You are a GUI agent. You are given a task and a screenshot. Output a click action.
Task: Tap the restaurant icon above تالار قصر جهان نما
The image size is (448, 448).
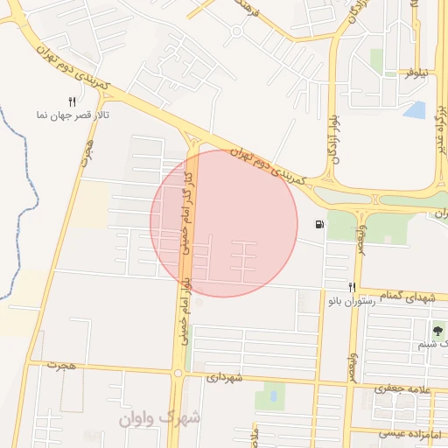point(72,101)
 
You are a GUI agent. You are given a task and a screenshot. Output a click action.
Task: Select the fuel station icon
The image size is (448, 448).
point(319,225)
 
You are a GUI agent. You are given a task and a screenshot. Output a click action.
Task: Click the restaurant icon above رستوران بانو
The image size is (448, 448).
point(352,287)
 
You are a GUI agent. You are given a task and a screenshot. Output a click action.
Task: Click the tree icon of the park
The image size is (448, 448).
point(437,331)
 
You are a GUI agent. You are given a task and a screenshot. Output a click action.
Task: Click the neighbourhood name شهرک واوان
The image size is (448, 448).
point(159,417)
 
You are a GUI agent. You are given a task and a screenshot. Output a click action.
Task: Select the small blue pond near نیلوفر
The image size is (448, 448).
point(415,110)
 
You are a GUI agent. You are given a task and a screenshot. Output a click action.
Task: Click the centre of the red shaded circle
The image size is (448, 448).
point(224,223)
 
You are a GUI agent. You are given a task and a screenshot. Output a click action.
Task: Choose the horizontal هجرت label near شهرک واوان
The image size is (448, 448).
point(64,364)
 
